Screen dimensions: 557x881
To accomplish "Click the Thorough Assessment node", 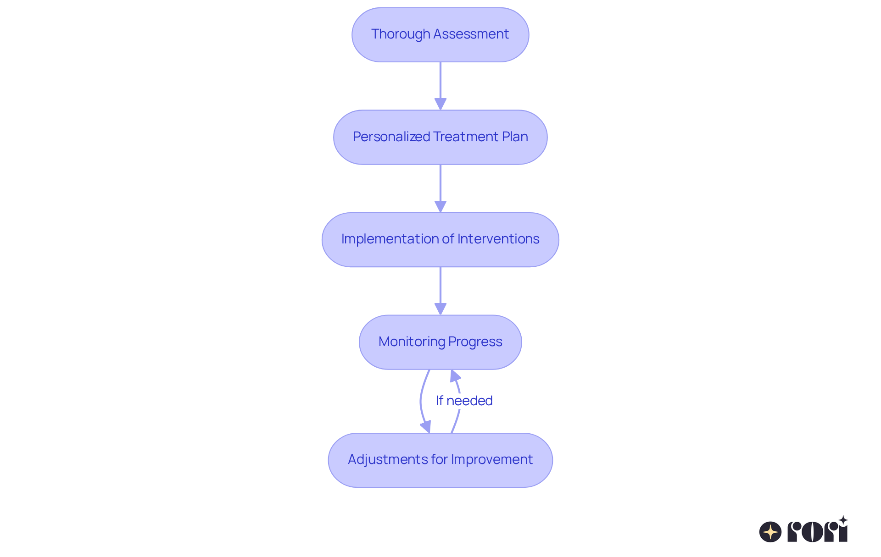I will [x=440, y=35].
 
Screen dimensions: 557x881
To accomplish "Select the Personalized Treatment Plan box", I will [x=440, y=137].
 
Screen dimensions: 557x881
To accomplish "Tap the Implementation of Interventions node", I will [x=440, y=240].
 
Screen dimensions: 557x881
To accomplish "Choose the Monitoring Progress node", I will [x=440, y=342].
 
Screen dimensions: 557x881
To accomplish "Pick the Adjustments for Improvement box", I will [x=440, y=460].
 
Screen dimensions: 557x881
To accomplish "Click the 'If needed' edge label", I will [x=464, y=401].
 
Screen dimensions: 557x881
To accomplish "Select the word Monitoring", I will [x=412, y=342].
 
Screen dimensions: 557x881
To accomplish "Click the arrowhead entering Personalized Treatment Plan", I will [x=440, y=104].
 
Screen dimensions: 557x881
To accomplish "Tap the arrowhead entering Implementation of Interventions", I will [x=440, y=207].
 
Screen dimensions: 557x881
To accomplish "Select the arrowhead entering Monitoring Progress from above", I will [x=440, y=309].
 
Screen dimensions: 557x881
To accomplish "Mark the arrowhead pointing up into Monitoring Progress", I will [x=454, y=376].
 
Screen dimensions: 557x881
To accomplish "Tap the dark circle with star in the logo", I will [x=770, y=532].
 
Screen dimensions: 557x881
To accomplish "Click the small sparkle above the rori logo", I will [x=843, y=520].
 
